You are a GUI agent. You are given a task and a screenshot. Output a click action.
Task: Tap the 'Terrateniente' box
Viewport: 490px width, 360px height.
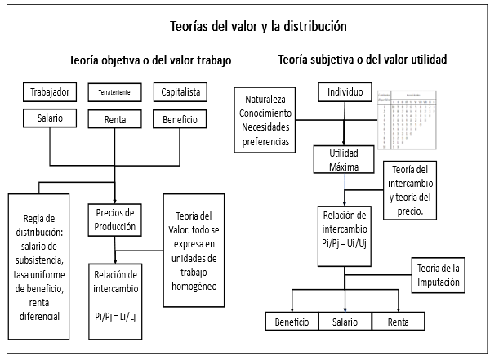(114, 91)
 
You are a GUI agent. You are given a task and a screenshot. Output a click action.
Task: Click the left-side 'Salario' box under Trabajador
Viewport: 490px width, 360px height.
(49, 119)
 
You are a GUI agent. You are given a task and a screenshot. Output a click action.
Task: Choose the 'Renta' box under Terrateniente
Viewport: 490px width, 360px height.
(114, 120)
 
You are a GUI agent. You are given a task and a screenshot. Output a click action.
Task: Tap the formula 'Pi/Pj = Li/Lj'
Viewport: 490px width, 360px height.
(115, 313)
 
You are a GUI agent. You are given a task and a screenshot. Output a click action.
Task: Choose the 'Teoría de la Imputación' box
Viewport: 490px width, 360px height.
(439, 276)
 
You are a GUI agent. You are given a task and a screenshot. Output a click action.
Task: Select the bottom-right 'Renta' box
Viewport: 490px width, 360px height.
(398, 322)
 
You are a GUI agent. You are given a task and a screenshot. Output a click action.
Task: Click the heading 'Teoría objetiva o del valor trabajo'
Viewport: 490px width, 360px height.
(149, 60)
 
